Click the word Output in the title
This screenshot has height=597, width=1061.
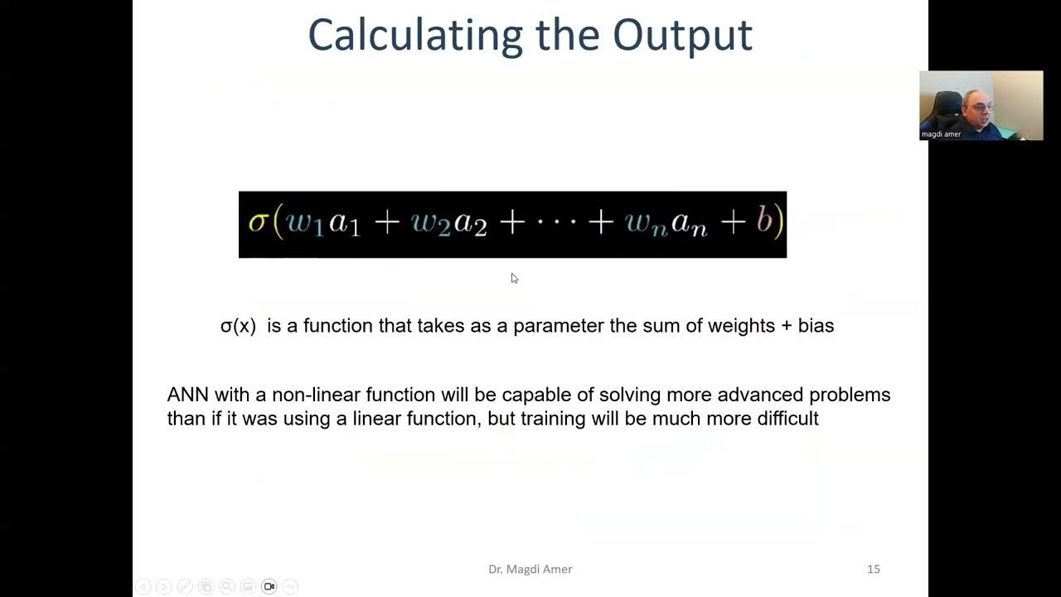682,35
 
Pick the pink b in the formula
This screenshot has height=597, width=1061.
764,221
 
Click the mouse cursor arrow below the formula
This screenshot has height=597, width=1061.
514,278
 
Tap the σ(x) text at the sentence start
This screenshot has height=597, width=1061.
238,326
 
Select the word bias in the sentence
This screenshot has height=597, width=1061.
816,326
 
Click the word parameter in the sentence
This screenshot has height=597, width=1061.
558,326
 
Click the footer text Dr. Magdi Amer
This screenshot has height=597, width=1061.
530,569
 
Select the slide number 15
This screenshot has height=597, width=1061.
873,569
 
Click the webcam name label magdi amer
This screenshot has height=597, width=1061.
942,134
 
